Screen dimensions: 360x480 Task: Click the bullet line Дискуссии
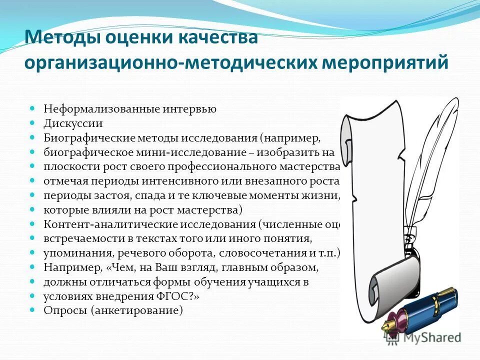point(73,122)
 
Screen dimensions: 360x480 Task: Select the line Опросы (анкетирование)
point(113,310)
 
